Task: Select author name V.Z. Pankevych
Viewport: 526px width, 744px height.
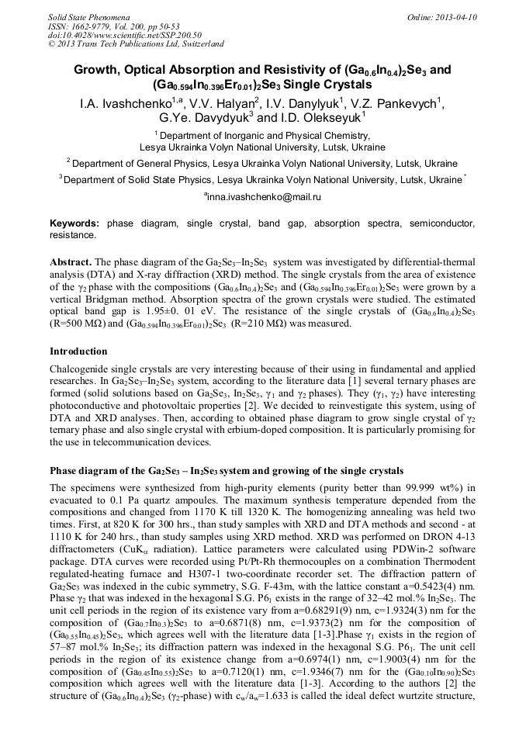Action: pos(401,103)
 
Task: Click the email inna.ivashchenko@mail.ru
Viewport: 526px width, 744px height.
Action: pos(263,197)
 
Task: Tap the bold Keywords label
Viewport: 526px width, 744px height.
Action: pos(74,223)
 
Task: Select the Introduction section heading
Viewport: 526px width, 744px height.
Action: pos(78,351)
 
